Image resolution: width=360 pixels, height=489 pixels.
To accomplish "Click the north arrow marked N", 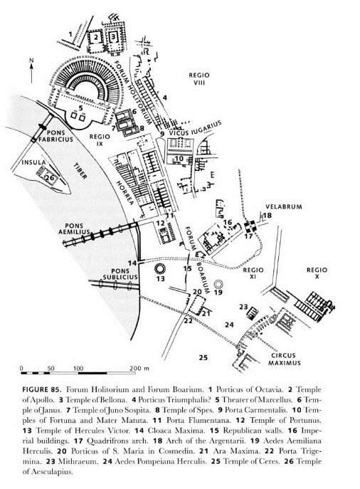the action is (31, 71).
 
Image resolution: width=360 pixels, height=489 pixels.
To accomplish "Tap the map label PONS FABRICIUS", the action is (55, 136).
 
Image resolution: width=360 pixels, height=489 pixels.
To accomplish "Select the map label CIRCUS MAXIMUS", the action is (285, 359).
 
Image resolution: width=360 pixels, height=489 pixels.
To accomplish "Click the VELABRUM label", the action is (284, 206).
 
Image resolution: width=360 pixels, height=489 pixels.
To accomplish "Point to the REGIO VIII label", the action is (199, 79).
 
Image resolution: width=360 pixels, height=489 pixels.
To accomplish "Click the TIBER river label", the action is (80, 171).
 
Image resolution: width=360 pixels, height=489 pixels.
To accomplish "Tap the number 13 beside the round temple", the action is (161, 278).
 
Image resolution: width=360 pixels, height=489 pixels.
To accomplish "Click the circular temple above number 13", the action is (161, 268).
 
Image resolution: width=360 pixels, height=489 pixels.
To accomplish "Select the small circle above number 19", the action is (218, 284).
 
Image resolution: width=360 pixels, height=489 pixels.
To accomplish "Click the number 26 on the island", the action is (50, 178).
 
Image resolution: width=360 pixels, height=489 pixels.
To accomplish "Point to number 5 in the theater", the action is (81, 108).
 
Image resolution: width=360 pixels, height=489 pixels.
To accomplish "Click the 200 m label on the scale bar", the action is (139, 368).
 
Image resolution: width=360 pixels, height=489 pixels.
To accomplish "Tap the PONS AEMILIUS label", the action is (74, 228).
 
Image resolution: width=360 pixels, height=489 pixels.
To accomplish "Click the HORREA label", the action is (125, 192).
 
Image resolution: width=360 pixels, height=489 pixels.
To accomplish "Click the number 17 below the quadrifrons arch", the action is (248, 236).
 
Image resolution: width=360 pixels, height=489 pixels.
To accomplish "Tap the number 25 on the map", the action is (203, 358).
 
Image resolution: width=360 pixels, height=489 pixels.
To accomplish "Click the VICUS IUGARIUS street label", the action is (195, 128).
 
